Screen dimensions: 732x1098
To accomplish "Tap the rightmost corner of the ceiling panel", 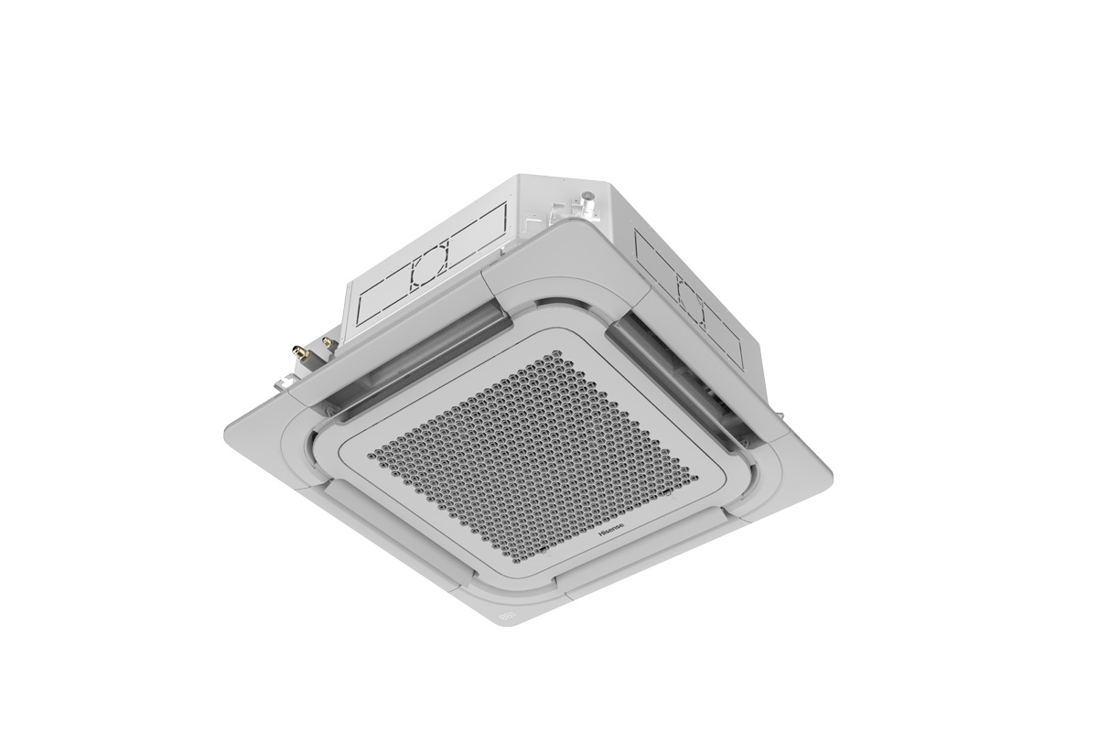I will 830,477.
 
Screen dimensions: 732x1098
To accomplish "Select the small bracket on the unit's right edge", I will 782,416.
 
